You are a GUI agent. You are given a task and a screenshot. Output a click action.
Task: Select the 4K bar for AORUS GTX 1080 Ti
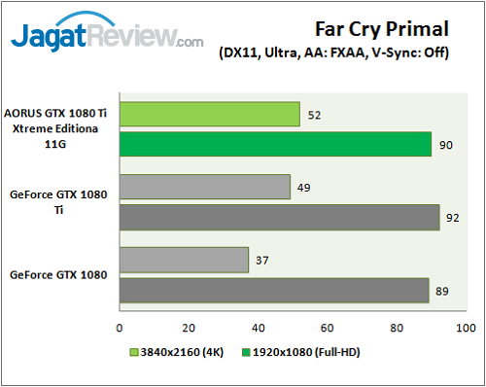tap(209, 115)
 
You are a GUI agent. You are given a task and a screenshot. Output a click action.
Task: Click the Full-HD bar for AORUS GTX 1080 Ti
tap(275, 144)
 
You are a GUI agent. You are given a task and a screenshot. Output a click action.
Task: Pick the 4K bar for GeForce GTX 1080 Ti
tap(204, 186)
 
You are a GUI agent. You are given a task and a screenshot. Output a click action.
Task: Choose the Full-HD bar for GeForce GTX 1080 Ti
tap(279, 216)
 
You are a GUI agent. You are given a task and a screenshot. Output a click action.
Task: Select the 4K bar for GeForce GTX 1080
tap(184, 260)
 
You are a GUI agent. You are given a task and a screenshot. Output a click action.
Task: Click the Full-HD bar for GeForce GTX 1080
tap(273, 290)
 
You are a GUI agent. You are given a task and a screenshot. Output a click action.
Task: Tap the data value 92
tap(454, 216)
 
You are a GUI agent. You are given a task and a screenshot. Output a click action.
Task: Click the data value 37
tap(261, 260)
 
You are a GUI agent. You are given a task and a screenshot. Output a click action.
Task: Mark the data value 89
tap(443, 290)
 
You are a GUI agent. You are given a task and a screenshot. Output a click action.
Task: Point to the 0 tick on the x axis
tap(120, 328)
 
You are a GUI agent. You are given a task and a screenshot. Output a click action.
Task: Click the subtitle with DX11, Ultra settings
tap(334, 53)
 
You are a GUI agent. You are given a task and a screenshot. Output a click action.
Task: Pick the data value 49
tap(303, 186)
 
